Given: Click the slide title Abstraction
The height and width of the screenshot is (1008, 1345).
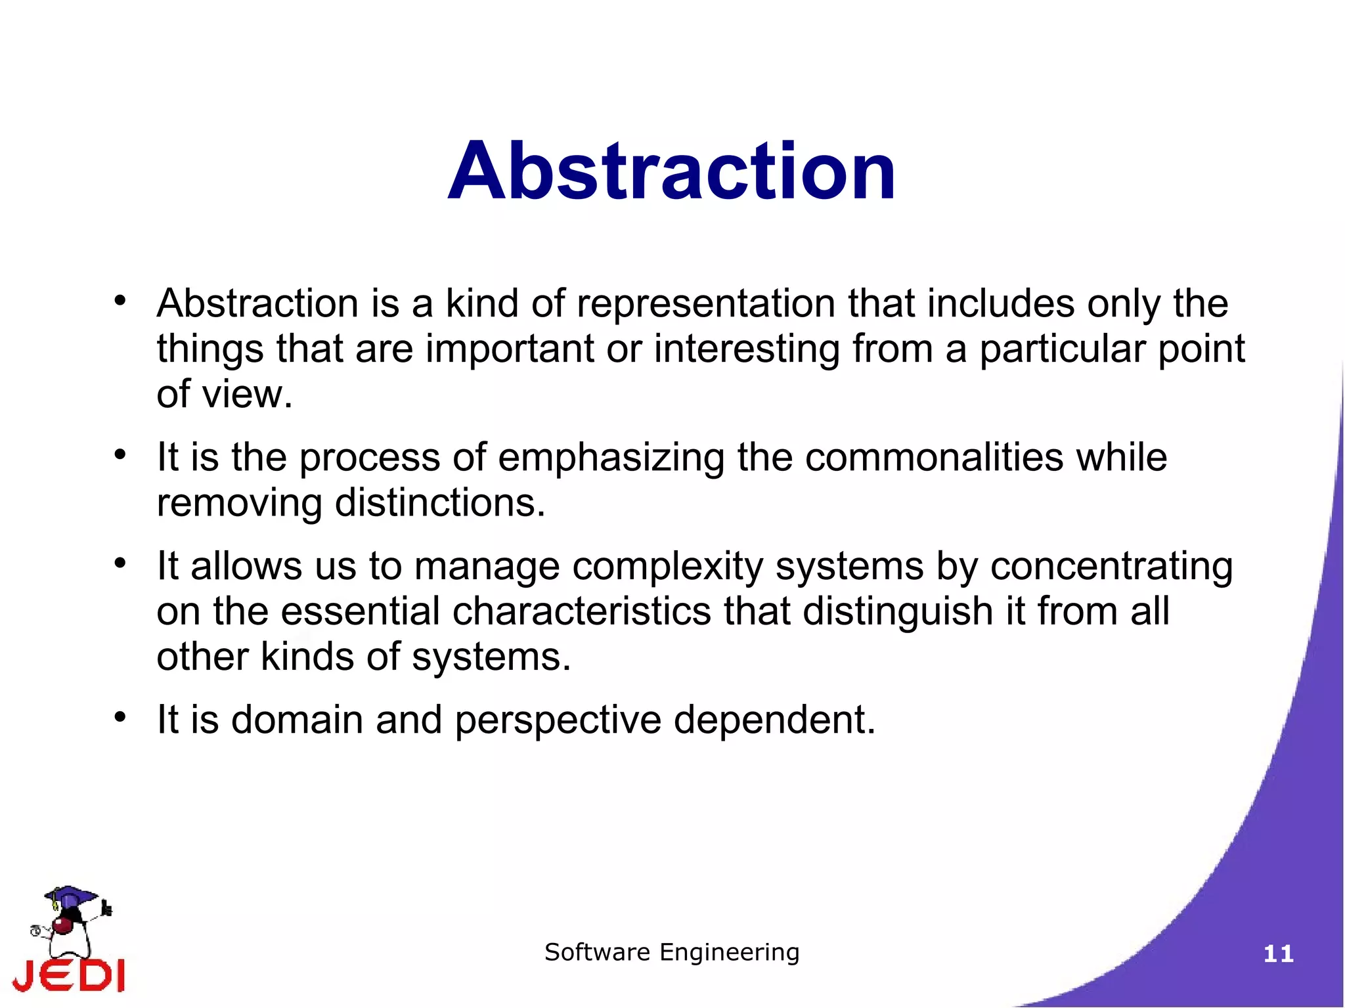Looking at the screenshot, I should (672, 171).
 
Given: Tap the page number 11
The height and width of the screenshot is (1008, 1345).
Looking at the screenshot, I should (1278, 953).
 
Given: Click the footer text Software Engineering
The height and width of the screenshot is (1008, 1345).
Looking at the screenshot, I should (672, 952).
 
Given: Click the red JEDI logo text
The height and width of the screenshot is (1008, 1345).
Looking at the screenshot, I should (69, 975).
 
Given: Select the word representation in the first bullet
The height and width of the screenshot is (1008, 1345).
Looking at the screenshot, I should (706, 304).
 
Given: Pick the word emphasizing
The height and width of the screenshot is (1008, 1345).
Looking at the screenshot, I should (611, 457).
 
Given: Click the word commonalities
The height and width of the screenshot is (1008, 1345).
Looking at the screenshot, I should (934, 457).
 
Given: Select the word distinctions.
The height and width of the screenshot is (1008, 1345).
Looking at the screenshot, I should (439, 503).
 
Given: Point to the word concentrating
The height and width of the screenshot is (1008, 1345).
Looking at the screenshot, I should (1111, 566).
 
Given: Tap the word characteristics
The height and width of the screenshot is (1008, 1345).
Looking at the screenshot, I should (581, 611).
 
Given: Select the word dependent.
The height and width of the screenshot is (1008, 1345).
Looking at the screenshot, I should (774, 720).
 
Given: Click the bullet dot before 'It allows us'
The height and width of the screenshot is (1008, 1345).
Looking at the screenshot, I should (120, 563).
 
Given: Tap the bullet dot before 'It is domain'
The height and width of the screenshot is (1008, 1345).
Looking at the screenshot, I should (120, 717).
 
